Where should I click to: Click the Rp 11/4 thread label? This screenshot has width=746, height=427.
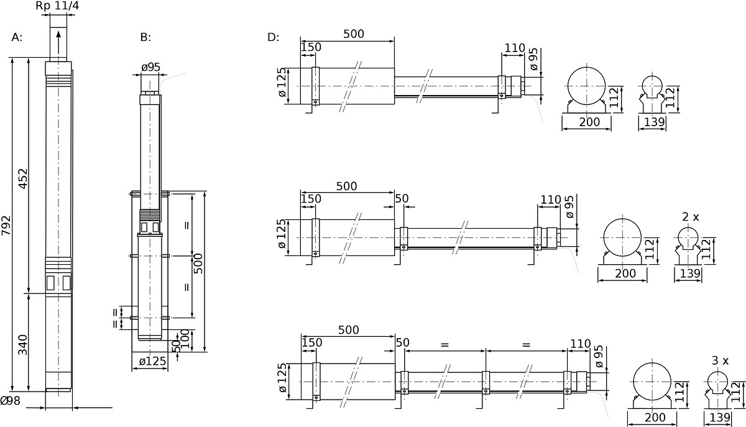click(x=57, y=6)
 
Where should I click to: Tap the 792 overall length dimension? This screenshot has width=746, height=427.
click(x=6, y=226)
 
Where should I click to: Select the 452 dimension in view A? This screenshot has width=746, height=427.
click(x=22, y=179)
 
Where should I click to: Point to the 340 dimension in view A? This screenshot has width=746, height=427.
click(x=22, y=345)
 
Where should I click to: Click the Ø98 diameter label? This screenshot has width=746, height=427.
click(x=11, y=400)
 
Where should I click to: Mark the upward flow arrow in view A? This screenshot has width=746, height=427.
click(x=58, y=44)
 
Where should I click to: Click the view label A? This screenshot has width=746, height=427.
click(x=17, y=37)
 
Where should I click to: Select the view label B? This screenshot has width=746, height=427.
click(x=145, y=37)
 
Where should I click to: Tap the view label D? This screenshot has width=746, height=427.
click(x=273, y=37)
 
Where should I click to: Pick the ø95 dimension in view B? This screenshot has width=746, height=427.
click(x=151, y=67)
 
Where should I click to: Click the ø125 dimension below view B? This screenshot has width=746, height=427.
click(x=152, y=361)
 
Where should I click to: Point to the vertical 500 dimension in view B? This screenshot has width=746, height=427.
click(x=198, y=264)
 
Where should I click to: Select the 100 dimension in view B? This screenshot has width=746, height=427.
click(x=185, y=339)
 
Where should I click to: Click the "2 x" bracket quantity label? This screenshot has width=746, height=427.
click(x=691, y=217)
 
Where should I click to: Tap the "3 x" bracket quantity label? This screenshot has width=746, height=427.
click(x=720, y=360)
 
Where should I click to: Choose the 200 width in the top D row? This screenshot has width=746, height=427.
click(x=589, y=122)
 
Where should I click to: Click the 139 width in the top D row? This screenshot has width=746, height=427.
click(x=655, y=122)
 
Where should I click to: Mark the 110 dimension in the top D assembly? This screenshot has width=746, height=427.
click(x=515, y=48)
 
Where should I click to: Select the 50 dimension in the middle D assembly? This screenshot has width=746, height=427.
click(x=402, y=198)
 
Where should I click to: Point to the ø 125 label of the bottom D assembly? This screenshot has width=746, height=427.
click(x=282, y=378)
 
